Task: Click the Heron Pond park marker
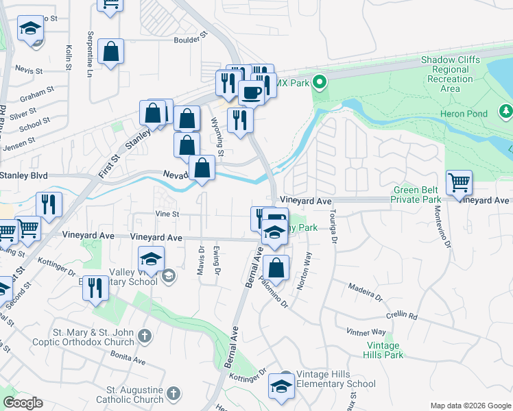point(505,110)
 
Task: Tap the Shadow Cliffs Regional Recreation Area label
point(450,74)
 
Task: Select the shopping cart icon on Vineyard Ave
point(459,183)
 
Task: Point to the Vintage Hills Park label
point(385,351)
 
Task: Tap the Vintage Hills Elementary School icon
point(281,386)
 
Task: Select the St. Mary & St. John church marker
point(143,336)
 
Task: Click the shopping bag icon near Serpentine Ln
point(110,51)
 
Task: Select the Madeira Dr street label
point(364,292)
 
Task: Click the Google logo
point(23,402)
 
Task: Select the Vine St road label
point(167,214)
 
